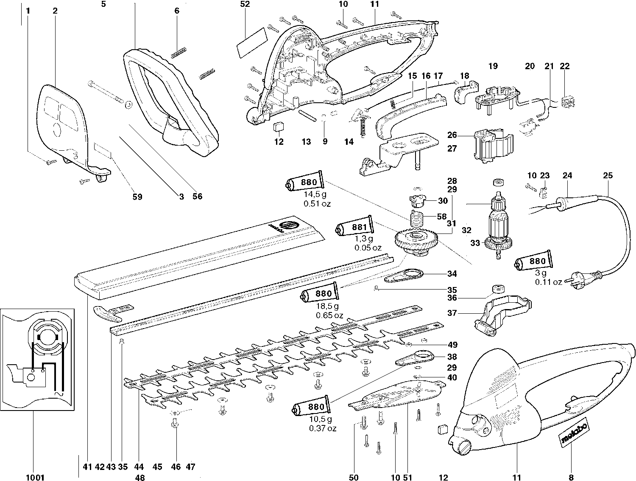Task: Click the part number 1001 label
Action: (35, 477)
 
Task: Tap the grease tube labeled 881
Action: (354, 227)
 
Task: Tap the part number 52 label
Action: (245, 4)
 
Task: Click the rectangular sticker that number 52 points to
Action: (251, 42)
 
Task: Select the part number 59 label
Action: (137, 197)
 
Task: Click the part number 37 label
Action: (452, 313)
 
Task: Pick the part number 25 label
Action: (608, 175)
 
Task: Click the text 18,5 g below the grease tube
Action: (327, 306)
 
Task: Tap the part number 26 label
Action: (452, 135)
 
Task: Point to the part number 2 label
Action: (55, 11)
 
